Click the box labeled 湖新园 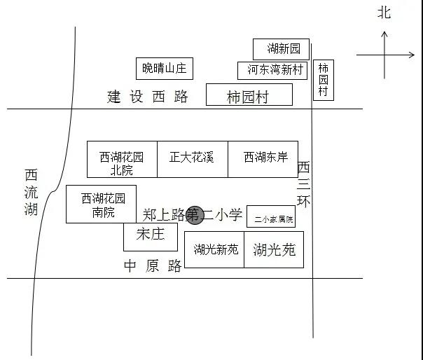[x=280, y=49]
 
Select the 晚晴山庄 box [x=165, y=68]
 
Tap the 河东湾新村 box [x=272, y=70]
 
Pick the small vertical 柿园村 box [x=323, y=80]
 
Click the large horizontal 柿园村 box [x=249, y=96]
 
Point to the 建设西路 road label [x=148, y=97]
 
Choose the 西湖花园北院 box [x=122, y=160]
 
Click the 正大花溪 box [x=192, y=158]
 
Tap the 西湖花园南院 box [x=102, y=204]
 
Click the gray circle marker [x=194, y=215]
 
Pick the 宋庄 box [x=151, y=235]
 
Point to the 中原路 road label [x=153, y=265]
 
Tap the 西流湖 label [x=32, y=192]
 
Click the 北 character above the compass [x=384, y=13]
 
